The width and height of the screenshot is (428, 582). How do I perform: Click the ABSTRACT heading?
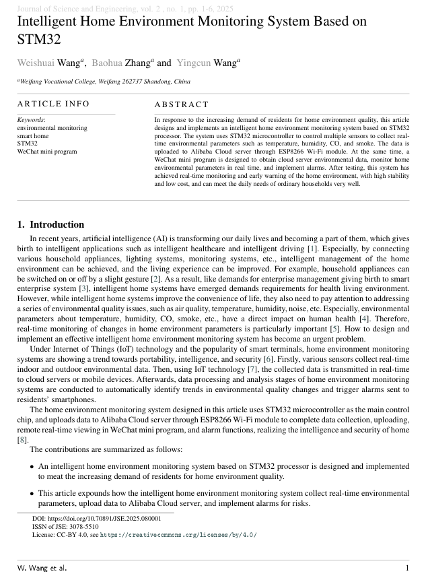[182, 104]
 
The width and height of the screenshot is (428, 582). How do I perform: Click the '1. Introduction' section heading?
[50, 225]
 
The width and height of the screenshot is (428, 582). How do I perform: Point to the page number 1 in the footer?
[406, 568]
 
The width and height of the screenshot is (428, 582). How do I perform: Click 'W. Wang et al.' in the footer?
[42, 568]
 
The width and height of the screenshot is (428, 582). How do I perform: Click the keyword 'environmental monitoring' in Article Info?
[52, 127]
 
